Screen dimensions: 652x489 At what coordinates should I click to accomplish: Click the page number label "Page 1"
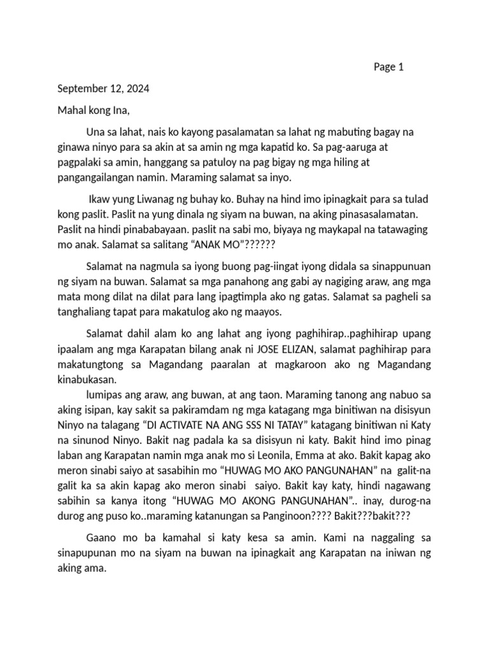point(388,67)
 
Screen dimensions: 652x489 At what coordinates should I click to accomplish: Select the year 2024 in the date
point(137,89)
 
